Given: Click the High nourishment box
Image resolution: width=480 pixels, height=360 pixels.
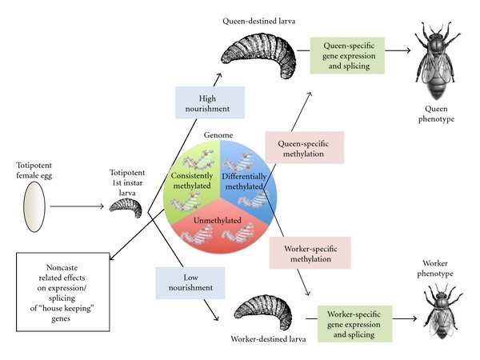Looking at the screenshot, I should coord(210,103).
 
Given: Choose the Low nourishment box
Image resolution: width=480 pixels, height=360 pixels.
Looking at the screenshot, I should coord(190,282).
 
